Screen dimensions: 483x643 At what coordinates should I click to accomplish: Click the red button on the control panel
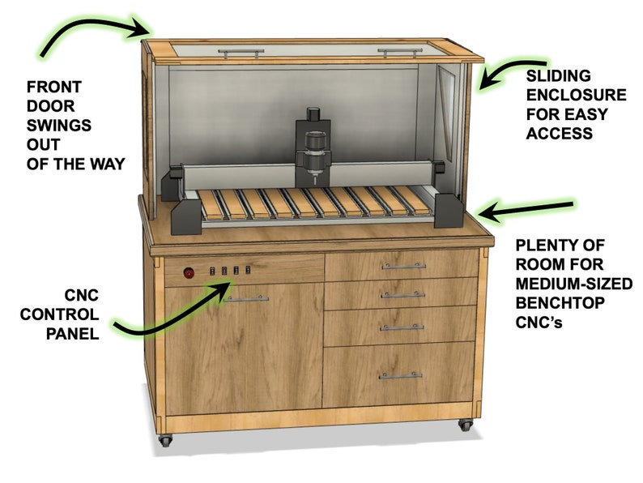pos(189,273)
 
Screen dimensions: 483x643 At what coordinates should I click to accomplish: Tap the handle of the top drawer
pos(402,266)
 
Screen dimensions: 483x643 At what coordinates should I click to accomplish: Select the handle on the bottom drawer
pos(401,375)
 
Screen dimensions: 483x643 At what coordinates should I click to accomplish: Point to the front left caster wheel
pos(165,441)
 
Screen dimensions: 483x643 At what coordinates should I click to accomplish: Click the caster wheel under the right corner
pos(465,424)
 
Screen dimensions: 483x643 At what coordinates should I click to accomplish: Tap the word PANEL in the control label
pos(75,332)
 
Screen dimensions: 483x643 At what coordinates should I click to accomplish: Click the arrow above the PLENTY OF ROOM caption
pos(526,209)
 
